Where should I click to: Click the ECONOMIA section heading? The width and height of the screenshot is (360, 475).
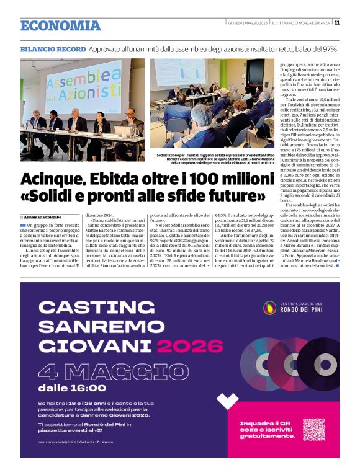coord(60,25)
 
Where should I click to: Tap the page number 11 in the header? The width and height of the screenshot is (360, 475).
coord(336,23)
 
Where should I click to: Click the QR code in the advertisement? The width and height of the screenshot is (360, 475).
coord(313,429)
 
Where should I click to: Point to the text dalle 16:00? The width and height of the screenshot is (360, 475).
coord(72,388)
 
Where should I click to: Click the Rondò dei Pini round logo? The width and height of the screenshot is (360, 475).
coord(270,307)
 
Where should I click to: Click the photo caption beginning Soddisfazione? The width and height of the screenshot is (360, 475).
coord(213,158)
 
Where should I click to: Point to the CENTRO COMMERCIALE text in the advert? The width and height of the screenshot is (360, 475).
coord(301,302)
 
